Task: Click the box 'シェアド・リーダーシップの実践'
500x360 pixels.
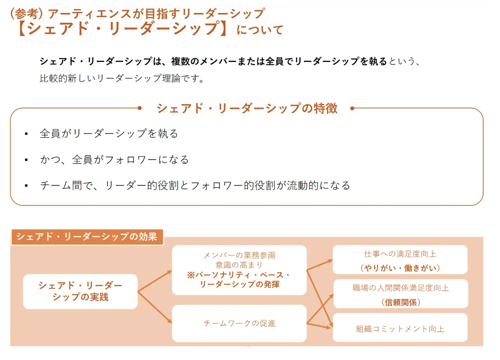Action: pyautogui.click(x=80, y=291)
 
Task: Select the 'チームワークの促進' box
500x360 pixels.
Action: pyautogui.click(x=239, y=323)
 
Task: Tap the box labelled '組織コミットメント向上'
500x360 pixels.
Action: pyautogui.click(x=400, y=328)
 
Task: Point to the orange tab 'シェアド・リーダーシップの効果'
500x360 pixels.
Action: pyautogui.click(x=87, y=237)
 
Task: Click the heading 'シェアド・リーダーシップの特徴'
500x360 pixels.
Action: pyautogui.click(x=247, y=108)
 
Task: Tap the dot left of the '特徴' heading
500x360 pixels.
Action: pyautogui.click(x=140, y=108)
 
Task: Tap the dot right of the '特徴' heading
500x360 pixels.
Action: pyautogui.click(x=352, y=108)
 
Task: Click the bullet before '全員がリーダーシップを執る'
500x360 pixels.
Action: pyautogui.click(x=26, y=134)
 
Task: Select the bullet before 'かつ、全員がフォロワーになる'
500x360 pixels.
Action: pyautogui.click(x=26, y=160)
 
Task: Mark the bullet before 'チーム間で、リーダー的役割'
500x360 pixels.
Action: pyautogui.click(x=26, y=186)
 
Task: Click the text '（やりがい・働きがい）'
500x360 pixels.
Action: pyautogui.click(x=400, y=268)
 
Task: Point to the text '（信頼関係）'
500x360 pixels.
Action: pyautogui.click(x=400, y=302)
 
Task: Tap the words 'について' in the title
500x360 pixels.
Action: pyautogui.click(x=260, y=30)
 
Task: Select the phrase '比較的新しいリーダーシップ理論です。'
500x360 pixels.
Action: pyautogui.click(x=122, y=79)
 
